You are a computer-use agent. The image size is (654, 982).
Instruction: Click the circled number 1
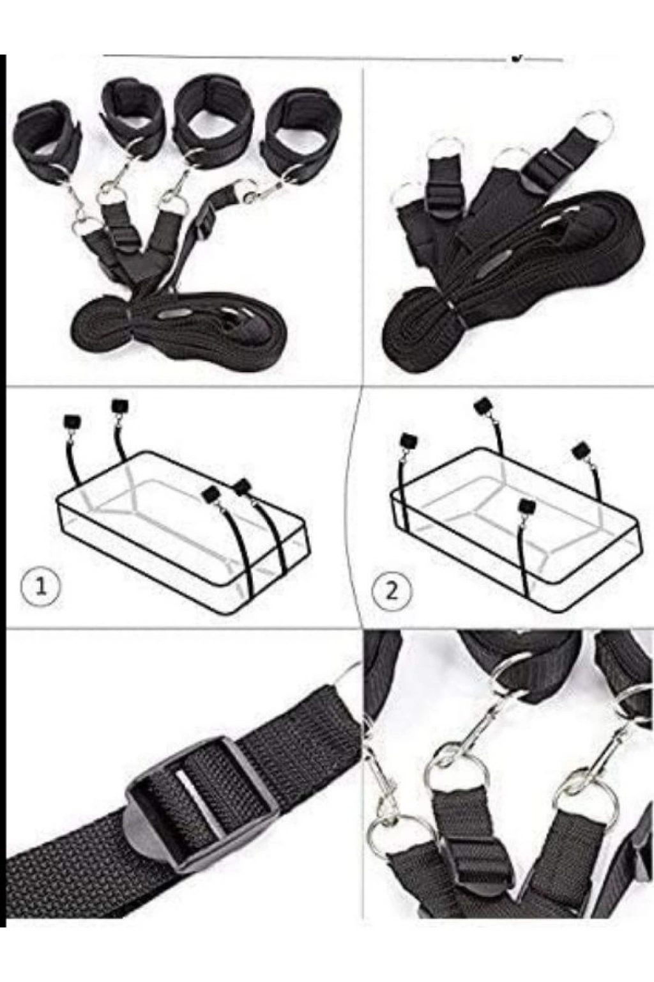pyautogui.click(x=40, y=586)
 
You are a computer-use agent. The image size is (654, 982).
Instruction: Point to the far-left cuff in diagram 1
pyautogui.click(x=72, y=423)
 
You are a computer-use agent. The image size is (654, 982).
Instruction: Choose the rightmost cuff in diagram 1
pyautogui.click(x=243, y=487)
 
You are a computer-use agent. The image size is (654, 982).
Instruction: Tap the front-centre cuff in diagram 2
pyautogui.click(x=526, y=508)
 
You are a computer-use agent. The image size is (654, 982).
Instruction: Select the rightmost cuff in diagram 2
pyautogui.click(x=581, y=451)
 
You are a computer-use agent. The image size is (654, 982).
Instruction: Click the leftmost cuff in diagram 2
pyautogui.click(x=409, y=440)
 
